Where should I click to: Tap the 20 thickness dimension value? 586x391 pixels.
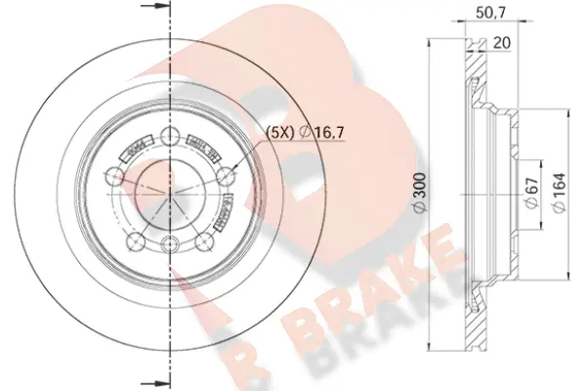(502, 43)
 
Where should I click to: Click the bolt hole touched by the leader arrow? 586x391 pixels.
(229, 176)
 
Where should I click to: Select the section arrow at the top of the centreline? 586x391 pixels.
(153, 11)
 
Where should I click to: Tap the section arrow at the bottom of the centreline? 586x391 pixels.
(153, 380)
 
